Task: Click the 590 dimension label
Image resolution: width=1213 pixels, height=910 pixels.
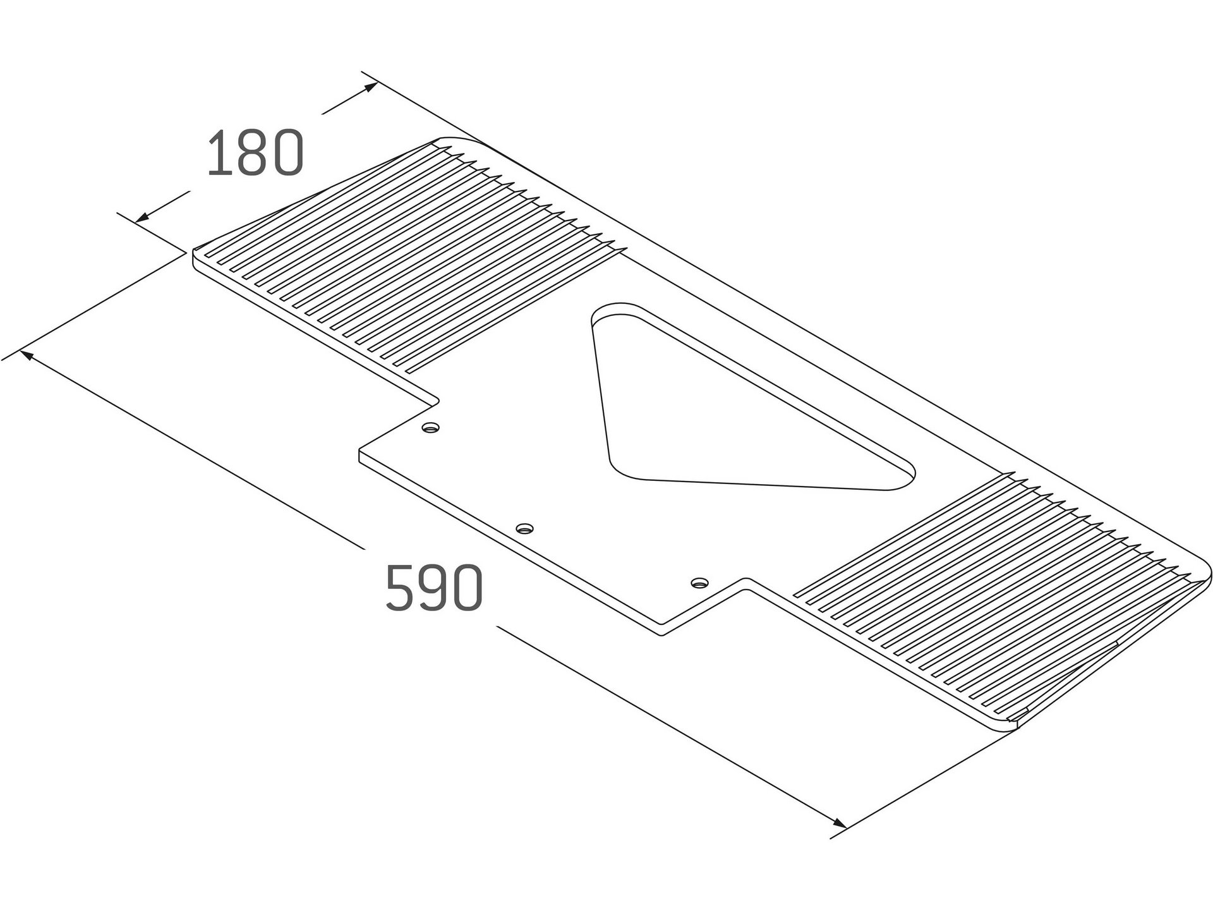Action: [435, 588]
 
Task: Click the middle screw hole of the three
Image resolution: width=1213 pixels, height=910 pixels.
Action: [524, 528]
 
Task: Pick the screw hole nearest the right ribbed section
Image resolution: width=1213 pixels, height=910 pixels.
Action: [699, 581]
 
